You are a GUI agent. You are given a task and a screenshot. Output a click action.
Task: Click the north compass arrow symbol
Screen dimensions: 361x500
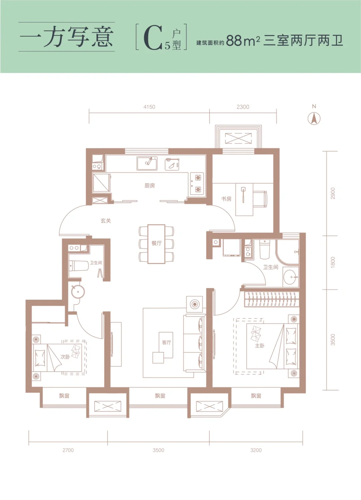pyautogui.click(x=314, y=118)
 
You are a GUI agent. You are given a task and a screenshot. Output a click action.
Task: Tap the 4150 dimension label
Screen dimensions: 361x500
pyautogui.click(x=149, y=107)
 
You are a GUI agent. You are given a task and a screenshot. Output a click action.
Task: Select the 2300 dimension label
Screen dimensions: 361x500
pyautogui.click(x=243, y=107)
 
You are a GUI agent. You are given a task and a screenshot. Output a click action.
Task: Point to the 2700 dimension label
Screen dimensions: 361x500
pyautogui.click(x=68, y=450)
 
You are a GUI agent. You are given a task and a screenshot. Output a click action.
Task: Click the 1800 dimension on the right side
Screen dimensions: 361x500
pyautogui.click(x=333, y=262)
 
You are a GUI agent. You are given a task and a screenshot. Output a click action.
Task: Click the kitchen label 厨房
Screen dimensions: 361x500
pyautogui.click(x=149, y=185)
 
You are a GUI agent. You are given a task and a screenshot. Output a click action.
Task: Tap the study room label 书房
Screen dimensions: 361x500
pyautogui.click(x=226, y=199)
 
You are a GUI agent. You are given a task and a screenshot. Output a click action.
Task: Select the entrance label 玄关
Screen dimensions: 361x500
pyautogui.click(x=106, y=221)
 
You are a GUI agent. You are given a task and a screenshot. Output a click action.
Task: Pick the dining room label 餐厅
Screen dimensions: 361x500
pyautogui.click(x=156, y=243)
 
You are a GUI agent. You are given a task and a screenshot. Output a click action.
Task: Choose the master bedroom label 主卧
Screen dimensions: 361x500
pyautogui.click(x=260, y=346)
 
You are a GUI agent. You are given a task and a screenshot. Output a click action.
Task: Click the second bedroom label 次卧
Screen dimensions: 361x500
pyautogui.click(x=65, y=357)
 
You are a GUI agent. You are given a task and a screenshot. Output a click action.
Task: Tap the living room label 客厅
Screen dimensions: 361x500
pyautogui.click(x=166, y=342)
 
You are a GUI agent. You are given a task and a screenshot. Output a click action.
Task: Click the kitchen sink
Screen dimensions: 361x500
pyautogui.click(x=147, y=163)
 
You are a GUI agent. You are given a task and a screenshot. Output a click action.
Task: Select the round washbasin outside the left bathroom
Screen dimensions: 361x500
pyautogui.click(x=78, y=291)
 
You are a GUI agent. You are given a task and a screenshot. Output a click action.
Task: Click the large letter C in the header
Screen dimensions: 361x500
pyautogui.click(x=153, y=38)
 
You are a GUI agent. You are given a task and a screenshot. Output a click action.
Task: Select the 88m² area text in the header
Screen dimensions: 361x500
pyautogui.click(x=243, y=40)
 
